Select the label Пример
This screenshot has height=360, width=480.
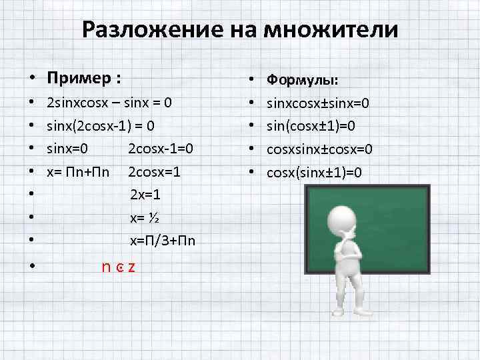[79, 79]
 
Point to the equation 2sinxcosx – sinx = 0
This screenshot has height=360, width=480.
[109, 103]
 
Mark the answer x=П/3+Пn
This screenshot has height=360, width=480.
[163, 240]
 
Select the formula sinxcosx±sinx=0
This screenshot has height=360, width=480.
[319, 103]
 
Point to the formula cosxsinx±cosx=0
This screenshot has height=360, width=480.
[319, 149]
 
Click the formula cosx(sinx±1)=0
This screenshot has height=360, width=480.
[315, 172]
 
